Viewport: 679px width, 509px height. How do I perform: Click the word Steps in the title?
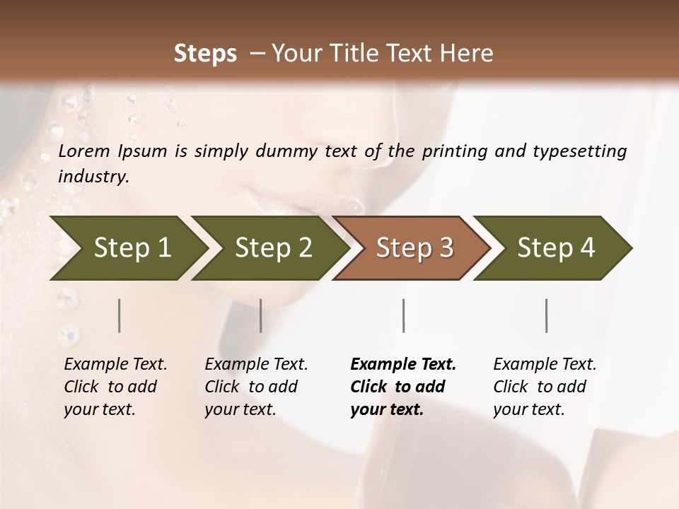205,54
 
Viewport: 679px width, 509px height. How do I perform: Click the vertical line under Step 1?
120,315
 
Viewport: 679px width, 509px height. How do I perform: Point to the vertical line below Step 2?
261,315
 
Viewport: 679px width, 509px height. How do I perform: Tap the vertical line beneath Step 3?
404,315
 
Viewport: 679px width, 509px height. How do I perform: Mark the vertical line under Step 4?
547,315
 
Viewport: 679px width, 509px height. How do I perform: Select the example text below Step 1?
115,387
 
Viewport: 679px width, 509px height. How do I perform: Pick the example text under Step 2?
256,387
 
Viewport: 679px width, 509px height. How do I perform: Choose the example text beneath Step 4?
545,387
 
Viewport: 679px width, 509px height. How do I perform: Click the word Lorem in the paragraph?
84,151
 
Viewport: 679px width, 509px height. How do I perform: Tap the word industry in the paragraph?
93,177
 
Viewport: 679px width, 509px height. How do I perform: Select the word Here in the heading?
470,54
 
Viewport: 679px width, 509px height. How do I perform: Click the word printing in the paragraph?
455,151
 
